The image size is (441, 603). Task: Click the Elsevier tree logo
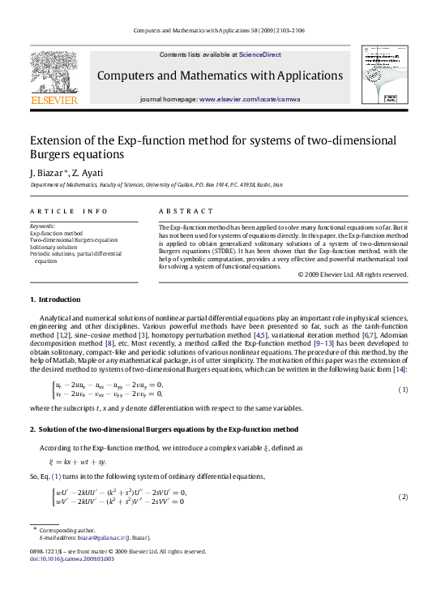[x=54, y=72]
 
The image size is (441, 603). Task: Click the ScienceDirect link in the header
[x=259, y=54]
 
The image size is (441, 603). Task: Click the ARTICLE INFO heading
[x=68, y=211]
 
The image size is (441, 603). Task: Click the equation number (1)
[x=402, y=368]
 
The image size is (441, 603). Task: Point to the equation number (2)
[x=402, y=497]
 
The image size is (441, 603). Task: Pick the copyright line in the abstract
[x=353, y=274]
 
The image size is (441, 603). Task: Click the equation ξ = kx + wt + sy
[x=86, y=461]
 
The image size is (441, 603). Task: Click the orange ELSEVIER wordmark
[x=54, y=100]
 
